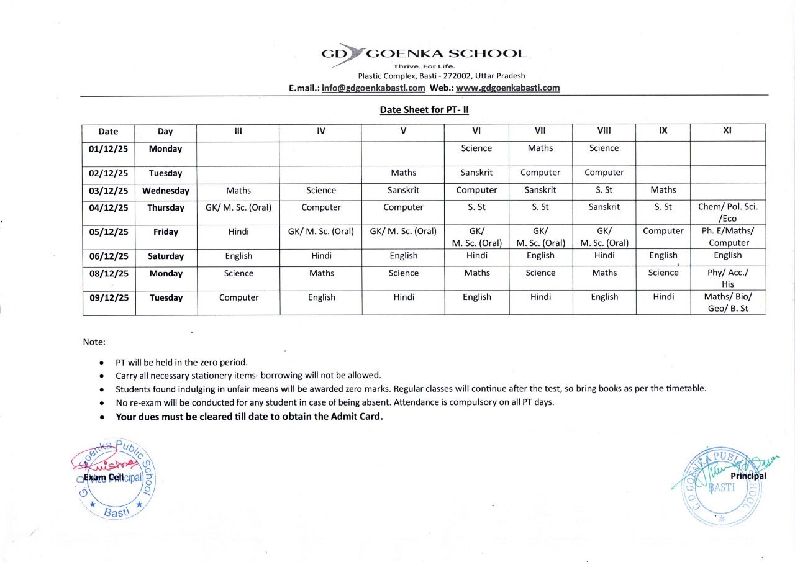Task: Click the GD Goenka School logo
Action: tap(424, 55)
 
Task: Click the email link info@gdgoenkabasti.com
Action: tap(373, 88)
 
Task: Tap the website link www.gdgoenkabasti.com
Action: tap(507, 88)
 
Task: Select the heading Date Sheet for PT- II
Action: tap(424, 110)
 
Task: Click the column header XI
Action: tap(727, 132)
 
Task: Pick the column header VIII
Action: tap(604, 132)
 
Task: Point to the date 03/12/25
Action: tap(109, 191)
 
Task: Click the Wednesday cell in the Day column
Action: tap(166, 191)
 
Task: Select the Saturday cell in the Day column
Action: tap(166, 256)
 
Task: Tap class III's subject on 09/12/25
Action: tap(238, 297)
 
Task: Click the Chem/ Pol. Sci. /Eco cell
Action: tap(727, 212)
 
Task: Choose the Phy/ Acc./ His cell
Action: tap(727, 278)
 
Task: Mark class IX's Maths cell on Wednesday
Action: tap(663, 190)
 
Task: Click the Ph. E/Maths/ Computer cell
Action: tap(727, 237)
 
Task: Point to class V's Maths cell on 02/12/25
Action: tap(403, 173)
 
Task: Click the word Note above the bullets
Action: tap(94, 342)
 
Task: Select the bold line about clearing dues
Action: tap(249, 417)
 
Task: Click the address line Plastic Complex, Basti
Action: tap(441, 76)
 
